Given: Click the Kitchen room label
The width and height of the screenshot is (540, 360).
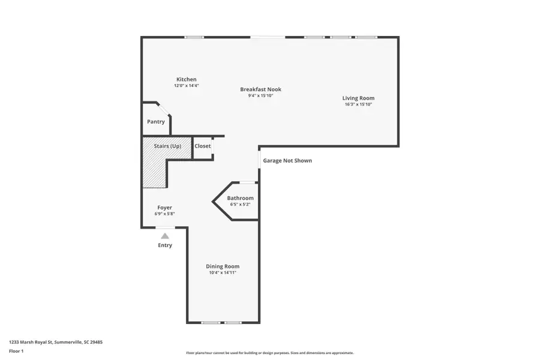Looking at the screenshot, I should tap(186, 79).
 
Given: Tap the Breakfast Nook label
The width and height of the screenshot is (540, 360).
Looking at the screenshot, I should tap(260, 89).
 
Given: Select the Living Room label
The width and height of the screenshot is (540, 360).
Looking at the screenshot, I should tap(358, 98).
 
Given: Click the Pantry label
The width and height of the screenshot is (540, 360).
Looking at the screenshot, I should tap(156, 122).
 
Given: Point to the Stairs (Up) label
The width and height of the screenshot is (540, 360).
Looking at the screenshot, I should tap(167, 146).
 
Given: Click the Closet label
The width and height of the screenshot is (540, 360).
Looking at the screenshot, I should tap(203, 146).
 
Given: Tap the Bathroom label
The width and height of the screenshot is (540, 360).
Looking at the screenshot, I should tap(240, 198).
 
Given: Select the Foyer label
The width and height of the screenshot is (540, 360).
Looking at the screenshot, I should tap(164, 208).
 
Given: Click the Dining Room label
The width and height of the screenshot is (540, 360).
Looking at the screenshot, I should tap(223, 266).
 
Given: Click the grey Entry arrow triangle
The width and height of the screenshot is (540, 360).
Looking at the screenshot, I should tap(165, 236).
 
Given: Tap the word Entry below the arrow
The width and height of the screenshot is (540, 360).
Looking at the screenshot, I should tap(165, 245).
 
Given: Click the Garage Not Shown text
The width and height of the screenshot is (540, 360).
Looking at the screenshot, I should tap(287, 161).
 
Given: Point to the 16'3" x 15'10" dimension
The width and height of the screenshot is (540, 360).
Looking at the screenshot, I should tap(358, 104).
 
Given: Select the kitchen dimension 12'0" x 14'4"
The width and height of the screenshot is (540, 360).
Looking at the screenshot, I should tap(186, 86).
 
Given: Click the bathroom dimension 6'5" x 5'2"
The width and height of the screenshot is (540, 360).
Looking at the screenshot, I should tap(240, 205).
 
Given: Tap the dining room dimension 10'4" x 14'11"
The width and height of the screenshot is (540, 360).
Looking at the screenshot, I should tap(223, 273).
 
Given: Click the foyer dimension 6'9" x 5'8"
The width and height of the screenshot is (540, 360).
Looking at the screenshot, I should tap(164, 214).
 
